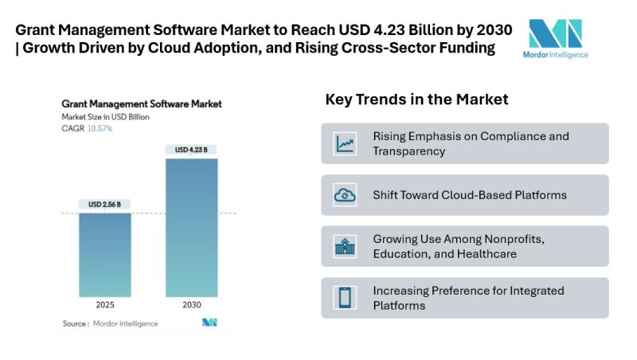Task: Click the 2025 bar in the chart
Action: tap(105, 255)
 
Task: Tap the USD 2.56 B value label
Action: tap(105, 205)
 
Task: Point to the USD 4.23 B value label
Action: tap(191, 150)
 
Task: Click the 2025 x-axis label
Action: tap(105, 305)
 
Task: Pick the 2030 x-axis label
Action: tap(191, 305)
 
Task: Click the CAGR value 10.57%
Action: tap(100, 128)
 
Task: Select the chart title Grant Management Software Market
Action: tap(141, 104)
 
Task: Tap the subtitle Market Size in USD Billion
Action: tap(105, 116)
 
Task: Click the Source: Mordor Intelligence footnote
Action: tap(110, 323)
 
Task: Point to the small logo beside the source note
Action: tap(209, 323)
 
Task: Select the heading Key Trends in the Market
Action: tap(416, 100)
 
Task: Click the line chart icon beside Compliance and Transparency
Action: tap(346, 143)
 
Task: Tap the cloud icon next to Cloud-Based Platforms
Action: tap(346, 195)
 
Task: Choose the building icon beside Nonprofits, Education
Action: tap(346, 246)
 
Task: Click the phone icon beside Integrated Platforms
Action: tap(346, 298)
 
